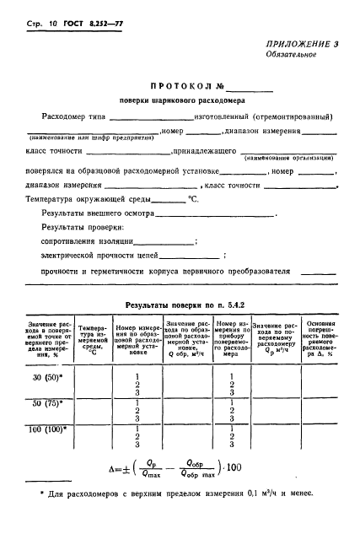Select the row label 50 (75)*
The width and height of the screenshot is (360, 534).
click(46, 403)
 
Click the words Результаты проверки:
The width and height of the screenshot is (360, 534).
click(78, 228)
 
